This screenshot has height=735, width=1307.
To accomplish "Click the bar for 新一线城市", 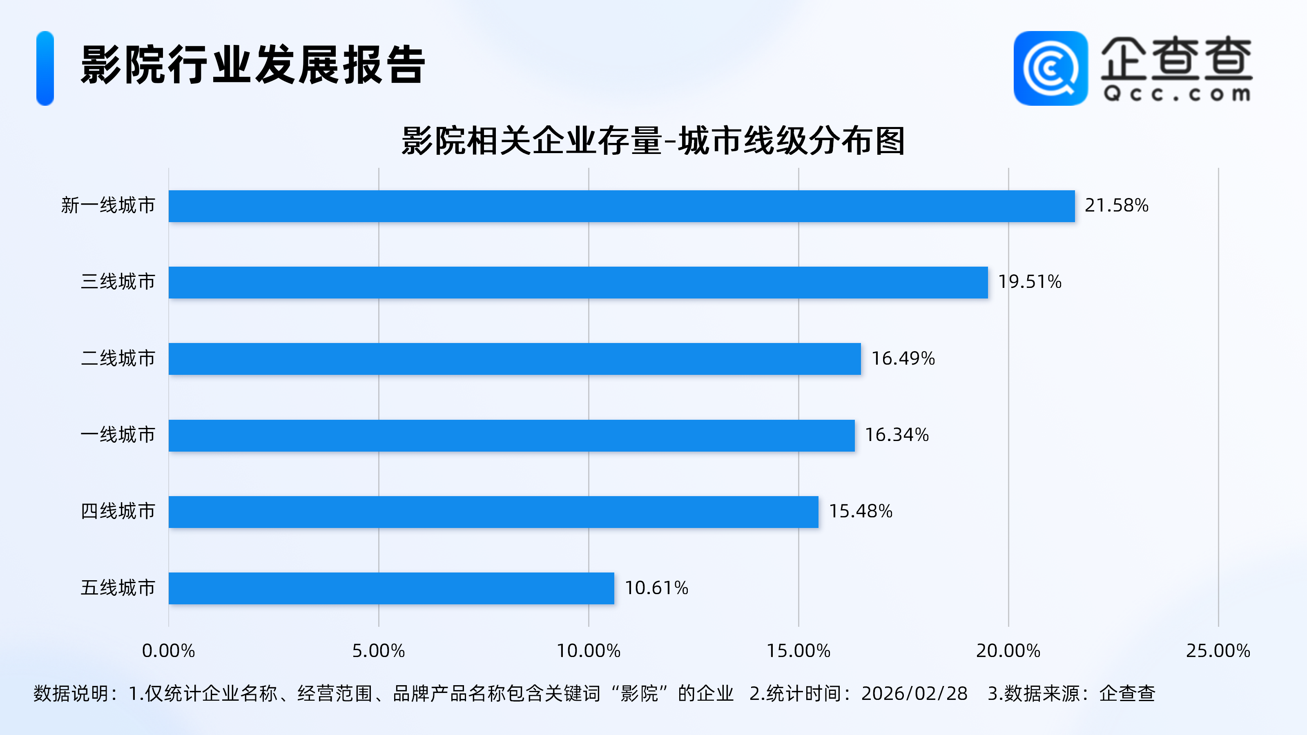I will (622, 206).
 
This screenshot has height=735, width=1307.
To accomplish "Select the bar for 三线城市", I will (578, 283).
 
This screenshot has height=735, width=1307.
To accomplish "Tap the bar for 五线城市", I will (391, 588).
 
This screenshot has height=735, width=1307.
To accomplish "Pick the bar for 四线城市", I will (493, 512).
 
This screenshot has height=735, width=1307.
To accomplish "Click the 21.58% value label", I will (1116, 205).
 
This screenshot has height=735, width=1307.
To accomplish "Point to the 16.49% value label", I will (903, 359).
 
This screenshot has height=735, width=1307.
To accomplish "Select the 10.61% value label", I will (656, 588).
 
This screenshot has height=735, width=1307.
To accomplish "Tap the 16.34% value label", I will (897, 435).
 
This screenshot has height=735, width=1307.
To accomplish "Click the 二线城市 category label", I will (118, 359).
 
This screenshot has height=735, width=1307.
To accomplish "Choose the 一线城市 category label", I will (118, 435).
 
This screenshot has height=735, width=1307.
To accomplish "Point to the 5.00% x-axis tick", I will (379, 651).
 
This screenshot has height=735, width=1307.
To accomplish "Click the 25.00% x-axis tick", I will (1218, 651).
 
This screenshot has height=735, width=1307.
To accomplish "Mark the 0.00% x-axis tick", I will (168, 651).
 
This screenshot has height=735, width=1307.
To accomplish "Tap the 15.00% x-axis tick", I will (798, 651).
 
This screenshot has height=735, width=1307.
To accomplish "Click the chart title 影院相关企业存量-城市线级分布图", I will (653, 140).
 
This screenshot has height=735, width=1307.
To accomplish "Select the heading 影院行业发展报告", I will (253, 65).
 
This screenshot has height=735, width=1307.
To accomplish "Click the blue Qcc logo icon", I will (1050, 69).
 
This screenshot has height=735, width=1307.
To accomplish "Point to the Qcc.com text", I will (1177, 94).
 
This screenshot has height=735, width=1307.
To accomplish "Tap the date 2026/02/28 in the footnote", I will (914, 693).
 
